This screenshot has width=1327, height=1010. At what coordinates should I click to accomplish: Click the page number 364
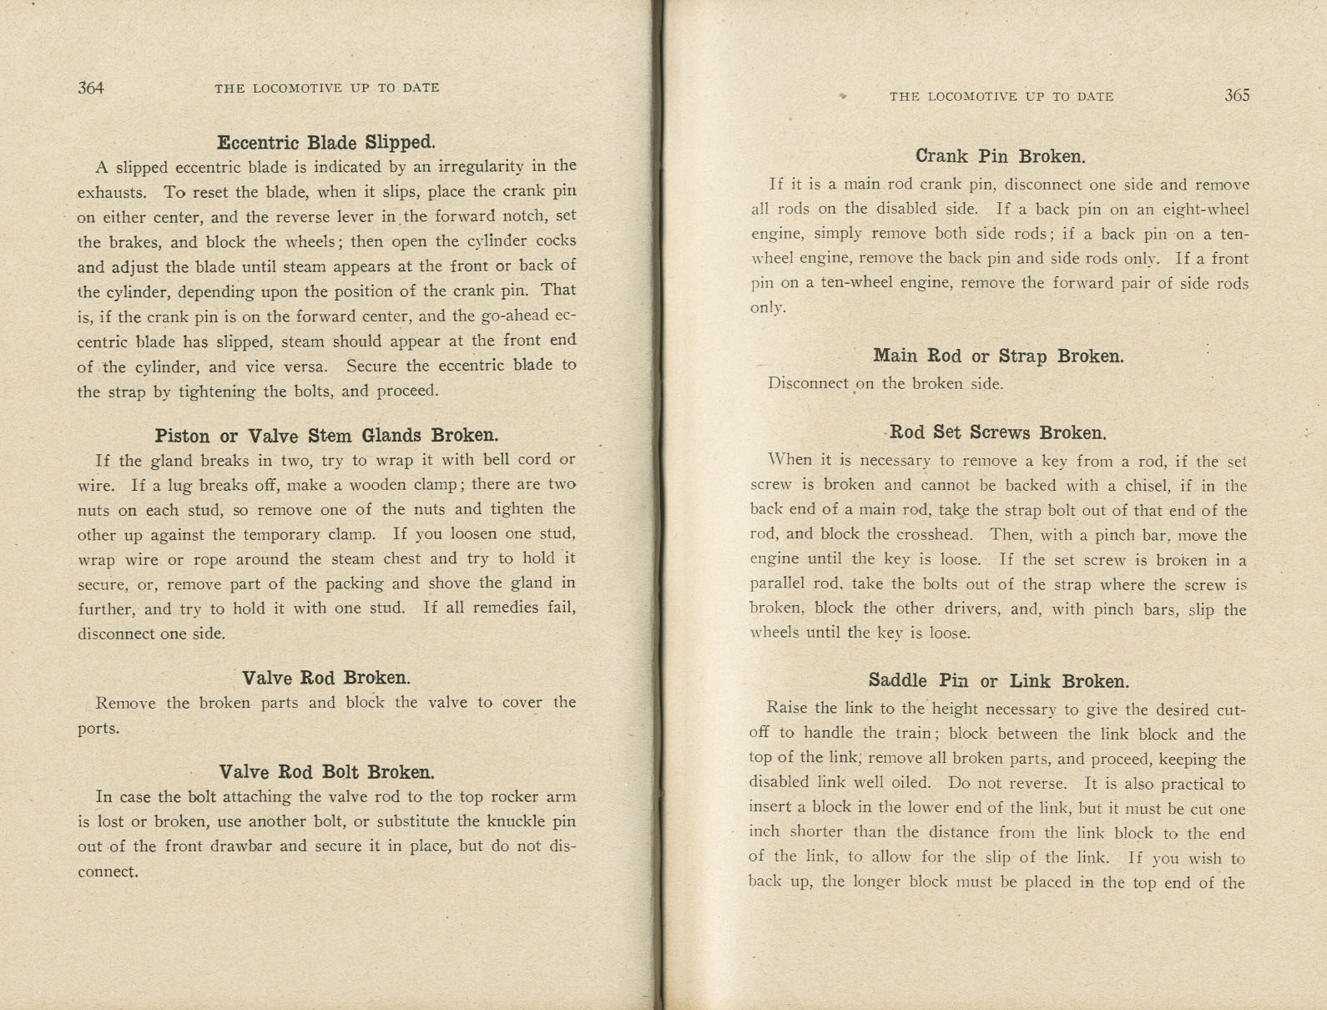coord(91,88)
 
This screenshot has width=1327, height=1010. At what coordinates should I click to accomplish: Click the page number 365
coord(1237,95)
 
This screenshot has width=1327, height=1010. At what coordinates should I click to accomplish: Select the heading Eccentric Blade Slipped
coord(326,142)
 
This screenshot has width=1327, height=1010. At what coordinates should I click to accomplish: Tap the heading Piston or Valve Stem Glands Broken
coord(326,435)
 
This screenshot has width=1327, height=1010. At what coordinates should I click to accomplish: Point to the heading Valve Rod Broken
coord(326,677)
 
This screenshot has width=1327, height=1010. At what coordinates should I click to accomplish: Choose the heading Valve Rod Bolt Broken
coord(326,771)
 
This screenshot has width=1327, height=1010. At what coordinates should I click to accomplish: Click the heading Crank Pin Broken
coord(1000,156)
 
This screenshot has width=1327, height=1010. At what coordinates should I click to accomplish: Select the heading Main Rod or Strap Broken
coord(998,356)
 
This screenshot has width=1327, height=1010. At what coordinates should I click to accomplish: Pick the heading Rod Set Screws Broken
coord(998,432)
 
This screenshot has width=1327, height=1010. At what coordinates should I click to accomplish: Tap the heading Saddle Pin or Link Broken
coord(998,680)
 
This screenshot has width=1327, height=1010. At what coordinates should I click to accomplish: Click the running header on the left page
coord(326,88)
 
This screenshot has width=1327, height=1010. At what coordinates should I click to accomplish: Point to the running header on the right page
coord(1001,96)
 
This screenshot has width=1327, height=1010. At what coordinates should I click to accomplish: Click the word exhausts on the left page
coord(112,192)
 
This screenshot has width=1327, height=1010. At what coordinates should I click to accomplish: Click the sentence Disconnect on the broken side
coord(885,384)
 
